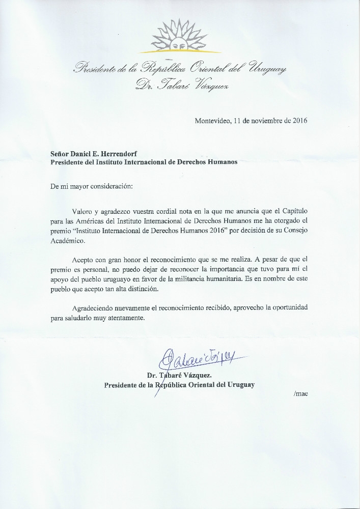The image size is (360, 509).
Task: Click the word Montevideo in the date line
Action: (213, 121)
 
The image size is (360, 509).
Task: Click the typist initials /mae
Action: (301, 393)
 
